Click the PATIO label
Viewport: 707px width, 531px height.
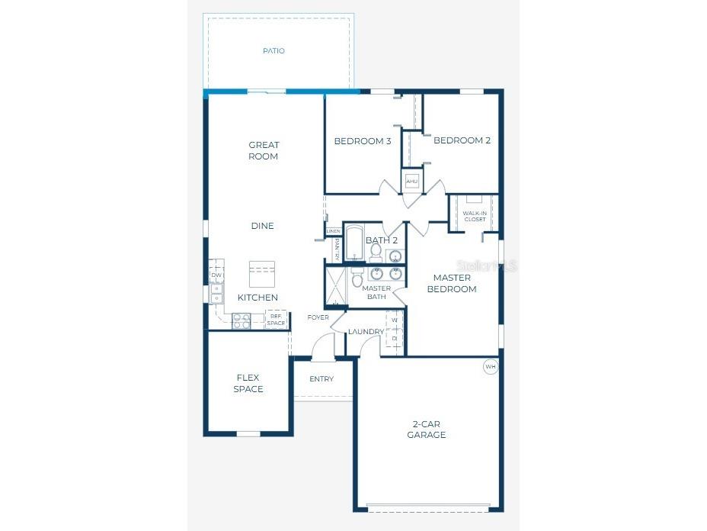(x=274, y=51)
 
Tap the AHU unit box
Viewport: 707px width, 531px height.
(x=412, y=182)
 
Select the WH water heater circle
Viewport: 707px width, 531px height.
(x=491, y=367)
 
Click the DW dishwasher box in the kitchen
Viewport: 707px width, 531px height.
(x=216, y=275)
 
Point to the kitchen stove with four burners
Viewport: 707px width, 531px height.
(x=242, y=321)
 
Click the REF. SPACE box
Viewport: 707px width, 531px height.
(x=276, y=320)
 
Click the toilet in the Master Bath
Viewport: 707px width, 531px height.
(x=357, y=280)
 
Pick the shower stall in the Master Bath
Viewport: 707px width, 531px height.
(x=336, y=286)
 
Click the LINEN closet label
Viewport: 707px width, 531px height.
(x=333, y=230)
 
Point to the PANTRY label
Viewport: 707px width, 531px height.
(x=336, y=247)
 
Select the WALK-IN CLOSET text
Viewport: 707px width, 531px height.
(x=474, y=217)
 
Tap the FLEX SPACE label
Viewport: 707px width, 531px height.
(x=248, y=383)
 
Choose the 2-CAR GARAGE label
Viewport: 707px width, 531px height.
(x=427, y=429)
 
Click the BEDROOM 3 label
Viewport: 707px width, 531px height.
(x=363, y=141)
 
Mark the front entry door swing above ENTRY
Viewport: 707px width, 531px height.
(x=323, y=346)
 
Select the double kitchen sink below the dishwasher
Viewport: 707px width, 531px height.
(x=216, y=294)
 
